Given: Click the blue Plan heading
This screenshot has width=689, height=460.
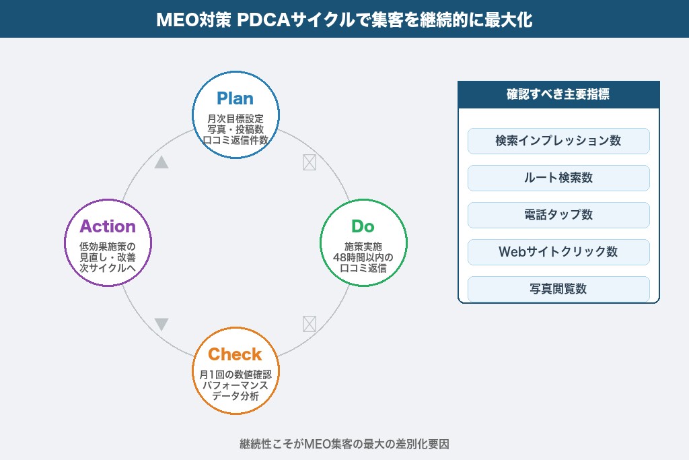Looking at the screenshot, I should (x=235, y=98).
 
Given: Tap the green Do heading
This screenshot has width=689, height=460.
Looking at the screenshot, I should (x=363, y=226).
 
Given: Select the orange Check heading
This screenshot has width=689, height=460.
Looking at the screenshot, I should (x=235, y=354).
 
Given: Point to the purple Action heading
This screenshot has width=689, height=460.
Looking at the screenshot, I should (x=108, y=226).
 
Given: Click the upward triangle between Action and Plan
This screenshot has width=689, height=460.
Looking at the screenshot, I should (x=161, y=162).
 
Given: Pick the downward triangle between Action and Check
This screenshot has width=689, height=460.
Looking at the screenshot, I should (x=161, y=325).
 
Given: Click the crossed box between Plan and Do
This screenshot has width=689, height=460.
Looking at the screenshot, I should (x=309, y=162).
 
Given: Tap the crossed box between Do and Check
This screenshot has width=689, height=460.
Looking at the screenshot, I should (x=309, y=324).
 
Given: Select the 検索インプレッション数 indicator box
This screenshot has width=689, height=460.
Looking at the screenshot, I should (x=558, y=141).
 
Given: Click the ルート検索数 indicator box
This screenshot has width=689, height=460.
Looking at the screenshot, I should (x=558, y=178).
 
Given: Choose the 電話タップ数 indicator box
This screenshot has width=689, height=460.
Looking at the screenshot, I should (x=558, y=215).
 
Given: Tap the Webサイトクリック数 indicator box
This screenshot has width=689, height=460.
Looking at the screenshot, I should (x=558, y=252).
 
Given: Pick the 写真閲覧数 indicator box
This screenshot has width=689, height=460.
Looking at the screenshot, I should (x=558, y=289).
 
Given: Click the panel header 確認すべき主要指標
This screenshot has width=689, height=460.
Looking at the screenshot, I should (x=558, y=94).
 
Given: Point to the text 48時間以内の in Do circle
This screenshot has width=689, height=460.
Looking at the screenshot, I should (x=363, y=257).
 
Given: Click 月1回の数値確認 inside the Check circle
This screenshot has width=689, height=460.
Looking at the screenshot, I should (x=235, y=374).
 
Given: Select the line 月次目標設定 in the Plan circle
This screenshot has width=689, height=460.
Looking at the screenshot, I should (x=235, y=119).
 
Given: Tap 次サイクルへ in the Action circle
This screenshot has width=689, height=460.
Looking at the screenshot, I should (x=108, y=267).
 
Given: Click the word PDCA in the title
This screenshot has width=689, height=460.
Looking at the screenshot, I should (x=258, y=20).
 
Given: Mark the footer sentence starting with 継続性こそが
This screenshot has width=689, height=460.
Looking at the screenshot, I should (x=344, y=444).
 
